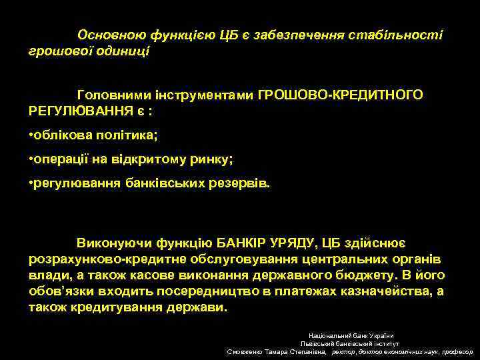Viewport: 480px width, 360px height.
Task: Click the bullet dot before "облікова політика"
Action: click(x=32, y=136)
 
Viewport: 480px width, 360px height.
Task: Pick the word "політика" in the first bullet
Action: click(x=130, y=136)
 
